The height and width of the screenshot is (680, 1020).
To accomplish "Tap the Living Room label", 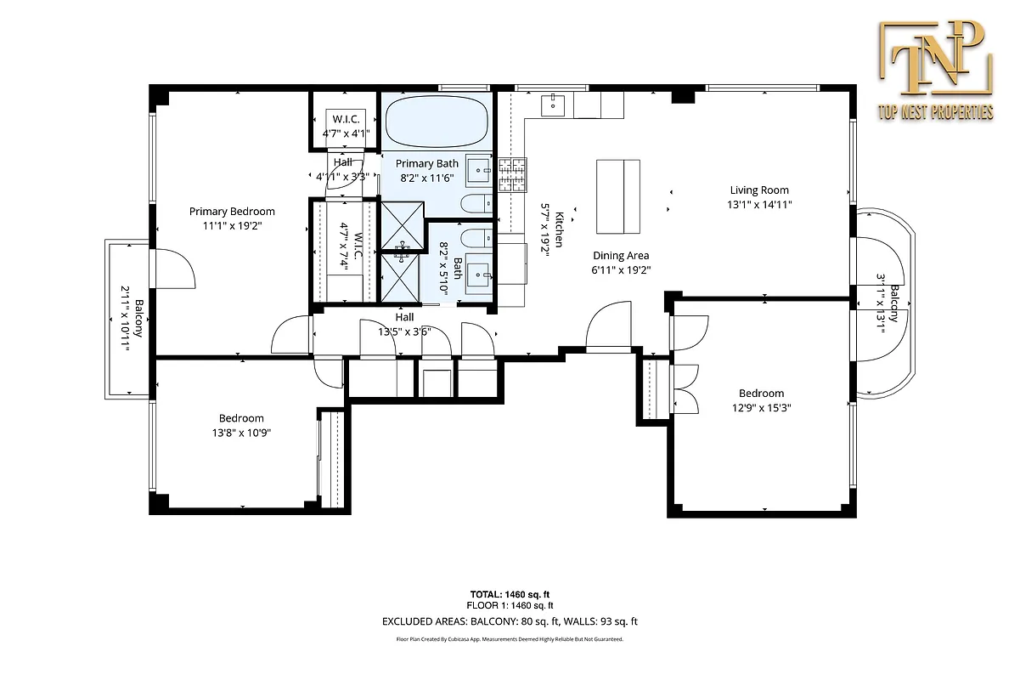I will pyautogui.click(x=758, y=190).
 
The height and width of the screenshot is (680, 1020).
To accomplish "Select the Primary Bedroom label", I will pyautogui.click(x=232, y=212).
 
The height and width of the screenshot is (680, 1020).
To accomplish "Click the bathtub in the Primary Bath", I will pyautogui.click(x=437, y=121).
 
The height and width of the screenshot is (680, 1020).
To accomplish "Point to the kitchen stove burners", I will pyautogui.click(x=512, y=174).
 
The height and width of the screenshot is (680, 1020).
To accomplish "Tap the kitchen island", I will pyautogui.click(x=618, y=195).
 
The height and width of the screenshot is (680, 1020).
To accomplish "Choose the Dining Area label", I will pyautogui.click(x=621, y=256).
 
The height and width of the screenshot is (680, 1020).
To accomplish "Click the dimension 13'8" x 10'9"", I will pyautogui.click(x=241, y=433).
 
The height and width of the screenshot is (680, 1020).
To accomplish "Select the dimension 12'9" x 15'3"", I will pyautogui.click(x=761, y=408).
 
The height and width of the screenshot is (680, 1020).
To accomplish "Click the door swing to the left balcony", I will pyautogui.click(x=175, y=267).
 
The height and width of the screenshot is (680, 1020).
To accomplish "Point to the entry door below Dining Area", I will pyautogui.click(x=609, y=327).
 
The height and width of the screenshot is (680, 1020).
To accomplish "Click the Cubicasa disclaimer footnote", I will pyautogui.click(x=510, y=639).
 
